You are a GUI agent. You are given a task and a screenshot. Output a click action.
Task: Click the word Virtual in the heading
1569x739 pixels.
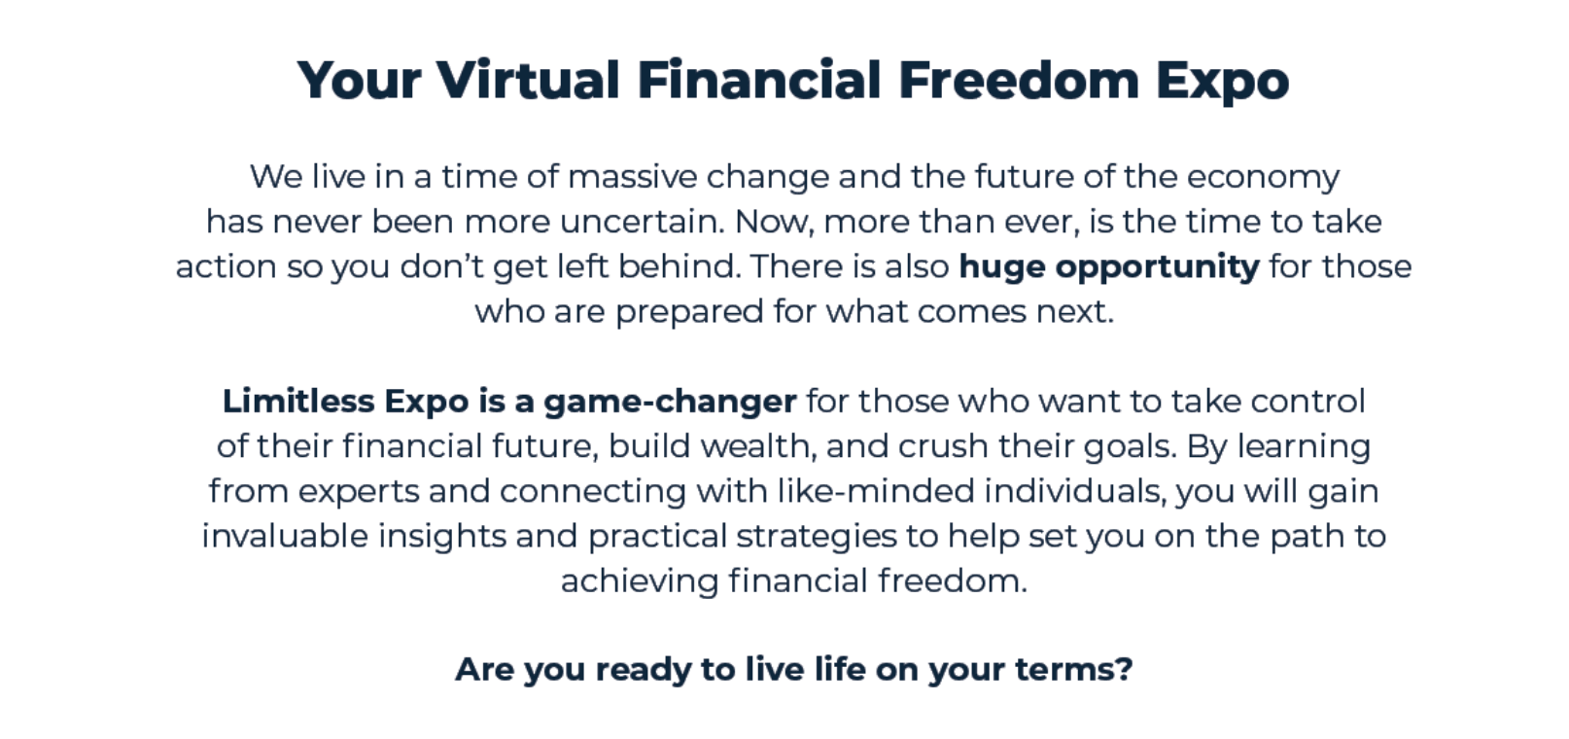pyautogui.click(x=529, y=79)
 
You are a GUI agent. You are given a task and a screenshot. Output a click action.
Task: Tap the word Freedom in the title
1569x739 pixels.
pyautogui.click(x=1019, y=79)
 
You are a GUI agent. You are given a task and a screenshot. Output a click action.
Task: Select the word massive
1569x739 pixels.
pyautogui.click(x=633, y=177)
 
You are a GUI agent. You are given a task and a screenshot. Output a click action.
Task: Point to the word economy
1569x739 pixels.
pyautogui.click(x=1263, y=178)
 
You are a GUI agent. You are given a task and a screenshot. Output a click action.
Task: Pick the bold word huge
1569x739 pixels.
pyautogui.click(x=1002, y=267)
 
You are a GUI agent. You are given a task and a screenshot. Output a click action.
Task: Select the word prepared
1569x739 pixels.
pyautogui.click(x=689, y=312)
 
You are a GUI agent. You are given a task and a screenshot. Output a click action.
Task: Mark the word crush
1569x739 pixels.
pyautogui.click(x=943, y=446)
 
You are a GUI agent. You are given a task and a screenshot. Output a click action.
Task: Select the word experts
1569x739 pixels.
pyautogui.click(x=359, y=492)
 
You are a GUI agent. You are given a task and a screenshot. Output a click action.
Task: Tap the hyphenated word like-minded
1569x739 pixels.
pyautogui.click(x=876, y=491)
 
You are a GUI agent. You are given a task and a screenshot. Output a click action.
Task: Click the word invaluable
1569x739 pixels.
pyautogui.click(x=285, y=536)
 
